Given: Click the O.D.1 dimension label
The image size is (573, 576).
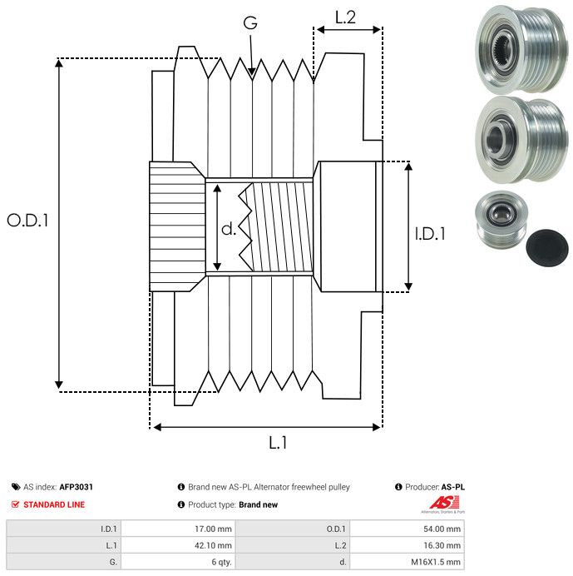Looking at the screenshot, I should click(28, 221).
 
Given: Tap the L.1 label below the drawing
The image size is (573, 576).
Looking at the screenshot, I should click(278, 444).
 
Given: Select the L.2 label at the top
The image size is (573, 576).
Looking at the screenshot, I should click(345, 17).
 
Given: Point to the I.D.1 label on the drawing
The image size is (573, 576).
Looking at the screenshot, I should click(430, 235).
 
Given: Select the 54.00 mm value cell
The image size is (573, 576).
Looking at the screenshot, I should click(440, 528).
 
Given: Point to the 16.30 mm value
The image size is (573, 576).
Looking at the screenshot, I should click(440, 545).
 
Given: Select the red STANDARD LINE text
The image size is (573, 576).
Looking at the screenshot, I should click(54, 504).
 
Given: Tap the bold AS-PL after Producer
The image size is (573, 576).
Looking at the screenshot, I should click(453, 487).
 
